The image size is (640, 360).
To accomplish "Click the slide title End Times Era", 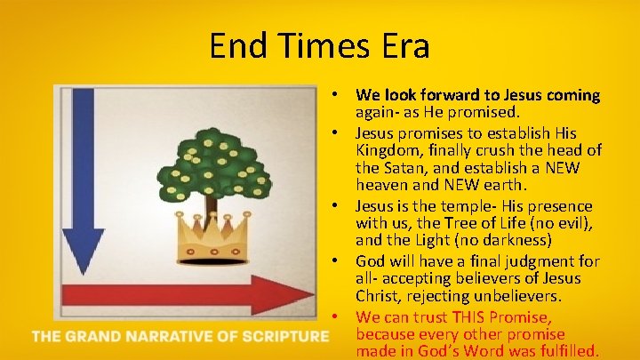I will (x=319, y=45).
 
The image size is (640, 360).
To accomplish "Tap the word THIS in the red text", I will (x=472, y=317).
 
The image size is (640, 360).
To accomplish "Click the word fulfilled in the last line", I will (x=567, y=351).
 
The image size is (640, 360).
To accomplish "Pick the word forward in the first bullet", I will (x=444, y=94).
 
